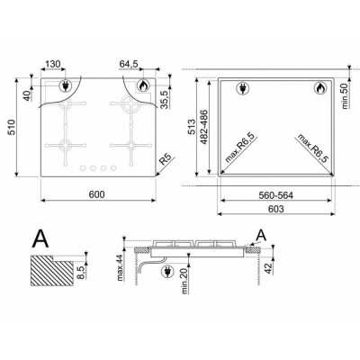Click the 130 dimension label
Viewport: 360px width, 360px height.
[53, 64]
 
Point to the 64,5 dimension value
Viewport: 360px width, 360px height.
[129, 64]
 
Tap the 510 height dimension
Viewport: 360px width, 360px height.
[11, 127]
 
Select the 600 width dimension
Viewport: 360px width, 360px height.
[97, 194]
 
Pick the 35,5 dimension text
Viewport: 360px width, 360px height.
[166, 99]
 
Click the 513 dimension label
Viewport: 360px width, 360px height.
[192, 127]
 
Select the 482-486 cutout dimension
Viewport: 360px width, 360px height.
[203, 127]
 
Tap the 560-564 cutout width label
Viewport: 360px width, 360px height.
[275, 195]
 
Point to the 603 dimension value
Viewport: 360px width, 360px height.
[275, 209]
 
